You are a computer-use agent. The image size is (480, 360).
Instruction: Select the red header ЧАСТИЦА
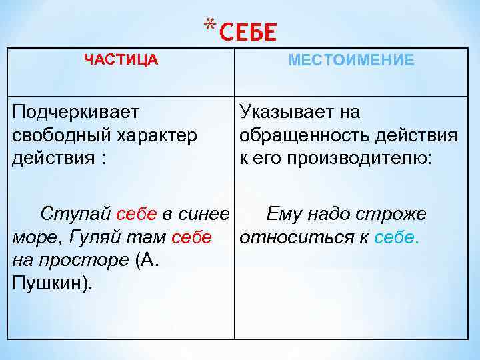pyautogui.click(x=121, y=60)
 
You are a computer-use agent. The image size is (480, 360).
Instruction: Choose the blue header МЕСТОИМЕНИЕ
pyautogui.click(x=351, y=61)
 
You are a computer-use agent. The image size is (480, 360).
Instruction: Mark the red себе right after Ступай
pyautogui.click(x=136, y=214)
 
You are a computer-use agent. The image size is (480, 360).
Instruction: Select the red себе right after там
pyautogui.click(x=191, y=237)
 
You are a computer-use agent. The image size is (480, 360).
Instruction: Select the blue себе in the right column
pyautogui.click(x=397, y=237)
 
